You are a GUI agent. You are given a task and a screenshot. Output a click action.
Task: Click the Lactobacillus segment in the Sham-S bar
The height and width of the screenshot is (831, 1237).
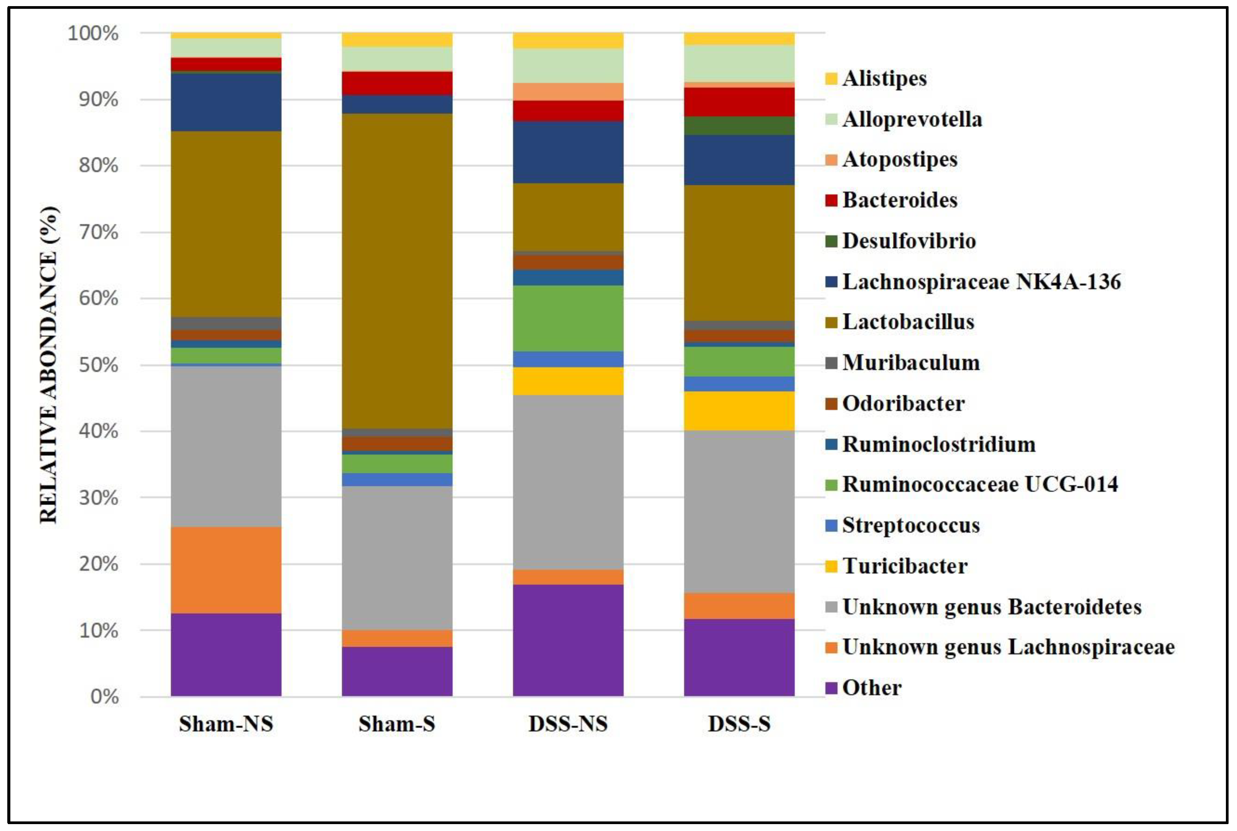click(397, 270)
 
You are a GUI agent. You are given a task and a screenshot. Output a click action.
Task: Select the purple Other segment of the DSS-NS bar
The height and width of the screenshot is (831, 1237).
click(568, 640)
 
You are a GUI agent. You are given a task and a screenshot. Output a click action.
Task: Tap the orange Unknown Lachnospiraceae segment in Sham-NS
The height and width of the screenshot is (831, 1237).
click(226, 570)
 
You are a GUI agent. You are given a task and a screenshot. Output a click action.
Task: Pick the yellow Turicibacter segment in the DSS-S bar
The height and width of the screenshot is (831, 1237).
click(739, 411)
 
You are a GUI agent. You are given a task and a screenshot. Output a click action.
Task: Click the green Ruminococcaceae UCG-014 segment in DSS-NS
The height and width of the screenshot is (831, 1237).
click(568, 318)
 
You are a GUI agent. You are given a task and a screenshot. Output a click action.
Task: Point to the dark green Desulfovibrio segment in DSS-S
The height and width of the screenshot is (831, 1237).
click(739, 126)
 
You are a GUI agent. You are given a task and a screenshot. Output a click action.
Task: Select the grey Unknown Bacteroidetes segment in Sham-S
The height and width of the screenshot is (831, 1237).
click(397, 557)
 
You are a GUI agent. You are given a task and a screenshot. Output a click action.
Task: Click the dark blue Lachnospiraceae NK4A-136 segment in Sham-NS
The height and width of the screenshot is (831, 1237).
click(226, 102)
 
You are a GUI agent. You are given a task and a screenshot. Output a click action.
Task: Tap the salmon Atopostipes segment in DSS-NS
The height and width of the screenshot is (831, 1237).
click(568, 92)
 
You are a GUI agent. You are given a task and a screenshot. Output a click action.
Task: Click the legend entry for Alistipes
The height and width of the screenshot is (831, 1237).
click(884, 79)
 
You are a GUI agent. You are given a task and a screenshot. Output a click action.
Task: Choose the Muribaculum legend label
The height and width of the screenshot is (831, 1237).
click(910, 363)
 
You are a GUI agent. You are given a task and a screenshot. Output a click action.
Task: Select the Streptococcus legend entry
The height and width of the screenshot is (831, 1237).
click(910, 525)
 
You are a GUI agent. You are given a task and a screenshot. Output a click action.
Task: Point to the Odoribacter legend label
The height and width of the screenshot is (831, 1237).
click(903, 404)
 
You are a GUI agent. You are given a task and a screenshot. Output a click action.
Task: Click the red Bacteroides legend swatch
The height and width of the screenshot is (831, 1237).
click(831, 200)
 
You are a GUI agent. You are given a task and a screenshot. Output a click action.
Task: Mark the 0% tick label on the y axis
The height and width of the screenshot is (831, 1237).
click(104, 697)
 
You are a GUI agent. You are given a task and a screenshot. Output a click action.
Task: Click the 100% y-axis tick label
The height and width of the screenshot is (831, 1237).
click(93, 33)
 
